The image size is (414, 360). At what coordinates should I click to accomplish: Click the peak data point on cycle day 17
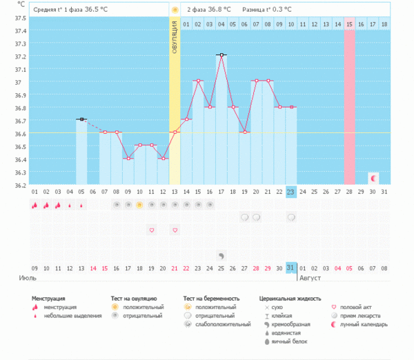[221, 54]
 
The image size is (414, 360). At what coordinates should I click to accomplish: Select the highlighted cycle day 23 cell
[291, 192]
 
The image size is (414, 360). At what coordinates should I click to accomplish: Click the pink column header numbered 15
[350, 25]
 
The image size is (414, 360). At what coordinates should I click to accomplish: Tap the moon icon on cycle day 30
[373, 178]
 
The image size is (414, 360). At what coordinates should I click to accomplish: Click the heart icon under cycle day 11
[151, 230]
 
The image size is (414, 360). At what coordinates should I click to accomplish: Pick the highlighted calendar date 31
[291, 268]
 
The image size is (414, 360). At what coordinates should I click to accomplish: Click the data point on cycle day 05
[81, 119]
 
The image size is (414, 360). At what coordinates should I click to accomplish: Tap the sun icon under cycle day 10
[139, 205]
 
